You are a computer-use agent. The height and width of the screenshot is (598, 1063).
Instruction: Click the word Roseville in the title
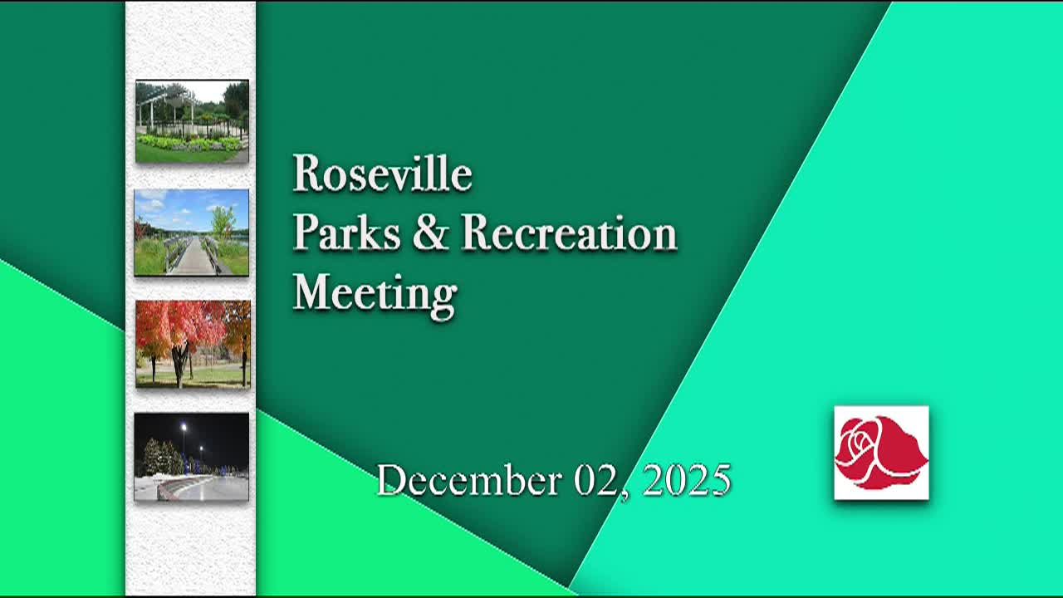click(382, 174)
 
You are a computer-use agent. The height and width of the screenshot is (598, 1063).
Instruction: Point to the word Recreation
click(569, 233)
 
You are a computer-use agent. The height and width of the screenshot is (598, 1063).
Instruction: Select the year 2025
click(687, 481)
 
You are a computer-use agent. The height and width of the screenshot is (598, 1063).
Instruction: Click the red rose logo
click(881, 453)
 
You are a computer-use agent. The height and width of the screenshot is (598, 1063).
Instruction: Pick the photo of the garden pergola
click(192, 121)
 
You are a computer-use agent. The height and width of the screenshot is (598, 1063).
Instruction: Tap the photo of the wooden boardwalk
click(192, 233)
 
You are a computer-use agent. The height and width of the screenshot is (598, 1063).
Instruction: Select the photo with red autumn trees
click(193, 344)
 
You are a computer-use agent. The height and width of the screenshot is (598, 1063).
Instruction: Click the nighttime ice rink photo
click(192, 457)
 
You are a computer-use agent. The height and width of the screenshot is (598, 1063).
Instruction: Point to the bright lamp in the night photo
click(184, 427)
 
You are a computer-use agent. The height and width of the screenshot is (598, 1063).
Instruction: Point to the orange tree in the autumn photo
click(238, 328)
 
